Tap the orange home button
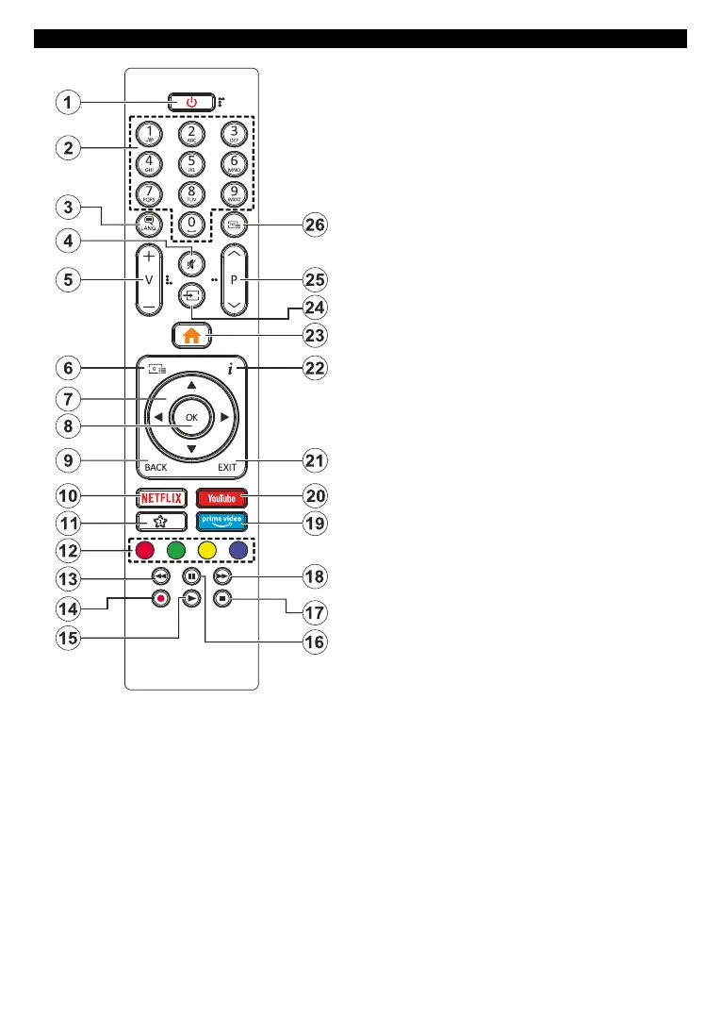(x=190, y=333)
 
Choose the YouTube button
(x=221, y=497)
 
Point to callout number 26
(x=315, y=225)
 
